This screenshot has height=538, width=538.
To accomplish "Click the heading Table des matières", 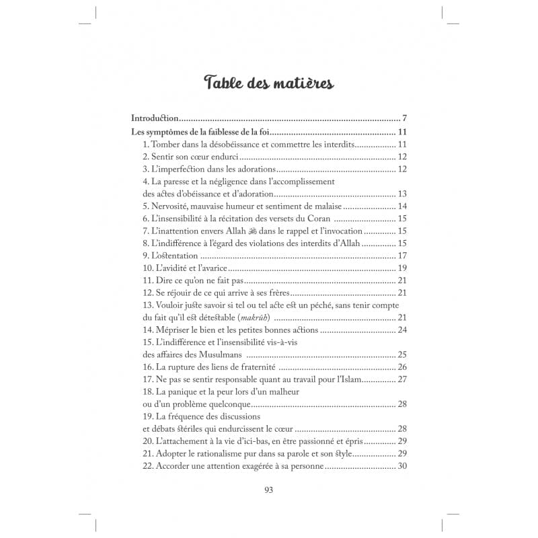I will click(x=268, y=83).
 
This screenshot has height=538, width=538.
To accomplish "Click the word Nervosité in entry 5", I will click(x=173, y=206).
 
